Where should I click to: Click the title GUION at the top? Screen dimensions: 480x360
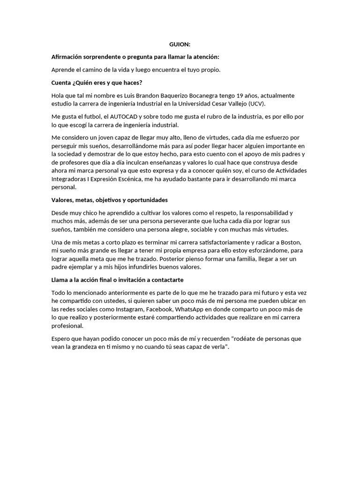[x=180, y=45]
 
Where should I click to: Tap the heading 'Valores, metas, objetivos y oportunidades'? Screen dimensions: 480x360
[x=109, y=200]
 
